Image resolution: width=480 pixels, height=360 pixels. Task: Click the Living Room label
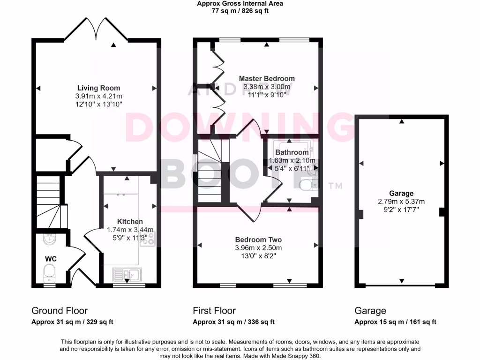pos(98,88)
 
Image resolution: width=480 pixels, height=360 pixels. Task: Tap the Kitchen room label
pos(130,221)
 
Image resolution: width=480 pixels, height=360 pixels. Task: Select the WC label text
pos(51,258)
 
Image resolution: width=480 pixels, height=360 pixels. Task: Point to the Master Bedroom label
pos(267,78)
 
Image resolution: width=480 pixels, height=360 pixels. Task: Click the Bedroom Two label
pos(258,238)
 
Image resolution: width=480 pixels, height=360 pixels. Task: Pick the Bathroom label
pos(292,152)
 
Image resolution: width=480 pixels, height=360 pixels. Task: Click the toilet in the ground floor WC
pos(49,271)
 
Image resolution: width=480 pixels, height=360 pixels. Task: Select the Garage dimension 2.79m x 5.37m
pos(401,202)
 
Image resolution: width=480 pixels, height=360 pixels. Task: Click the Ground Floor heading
pos(60,310)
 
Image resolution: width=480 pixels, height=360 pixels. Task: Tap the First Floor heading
pos(214,310)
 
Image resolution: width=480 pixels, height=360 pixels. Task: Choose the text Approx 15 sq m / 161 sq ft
pos(395,322)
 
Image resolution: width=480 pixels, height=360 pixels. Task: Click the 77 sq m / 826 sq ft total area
pos(240,11)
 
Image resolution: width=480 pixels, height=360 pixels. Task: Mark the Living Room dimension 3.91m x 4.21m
pos(98,96)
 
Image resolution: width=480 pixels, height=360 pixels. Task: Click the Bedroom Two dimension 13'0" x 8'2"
pos(258,256)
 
